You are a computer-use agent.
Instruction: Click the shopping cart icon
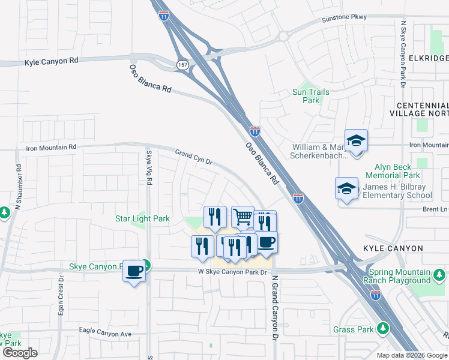[243, 217]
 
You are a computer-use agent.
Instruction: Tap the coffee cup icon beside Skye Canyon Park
[134, 271]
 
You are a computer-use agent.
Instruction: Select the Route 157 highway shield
[182, 64]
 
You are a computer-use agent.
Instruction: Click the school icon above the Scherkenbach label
[356, 140]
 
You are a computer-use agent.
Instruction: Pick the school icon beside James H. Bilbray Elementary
[346, 188]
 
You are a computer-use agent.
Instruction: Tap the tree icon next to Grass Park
[382, 328]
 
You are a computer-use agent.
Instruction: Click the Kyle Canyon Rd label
[52, 61]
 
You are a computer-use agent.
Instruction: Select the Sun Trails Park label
[310, 96]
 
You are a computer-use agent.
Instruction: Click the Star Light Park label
[142, 219]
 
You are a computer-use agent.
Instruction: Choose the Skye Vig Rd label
[149, 167]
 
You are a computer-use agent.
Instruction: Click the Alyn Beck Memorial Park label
[397, 172]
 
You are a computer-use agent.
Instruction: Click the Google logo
[20, 353]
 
